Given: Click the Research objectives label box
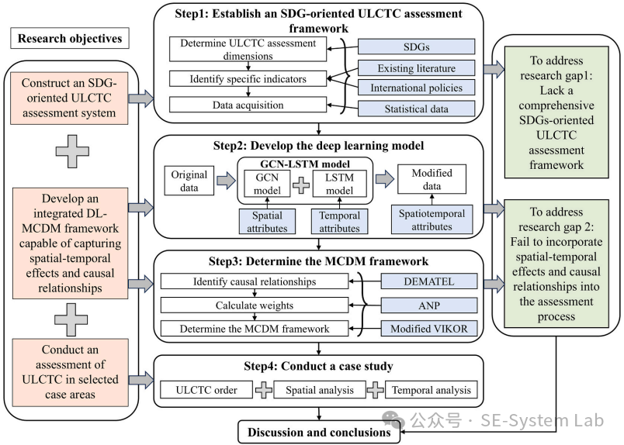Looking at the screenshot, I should click(x=69, y=39).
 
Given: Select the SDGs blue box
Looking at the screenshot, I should click(x=416, y=47).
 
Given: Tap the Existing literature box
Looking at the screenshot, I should click(x=416, y=67).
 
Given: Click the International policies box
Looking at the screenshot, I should click(x=416, y=88).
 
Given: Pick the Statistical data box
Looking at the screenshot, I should click(x=416, y=109).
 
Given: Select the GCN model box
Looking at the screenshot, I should click(x=260, y=186).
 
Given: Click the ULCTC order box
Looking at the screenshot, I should click(x=206, y=390).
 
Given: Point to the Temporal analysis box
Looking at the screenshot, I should click(x=431, y=390).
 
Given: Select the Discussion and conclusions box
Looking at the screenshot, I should click(x=318, y=431).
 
